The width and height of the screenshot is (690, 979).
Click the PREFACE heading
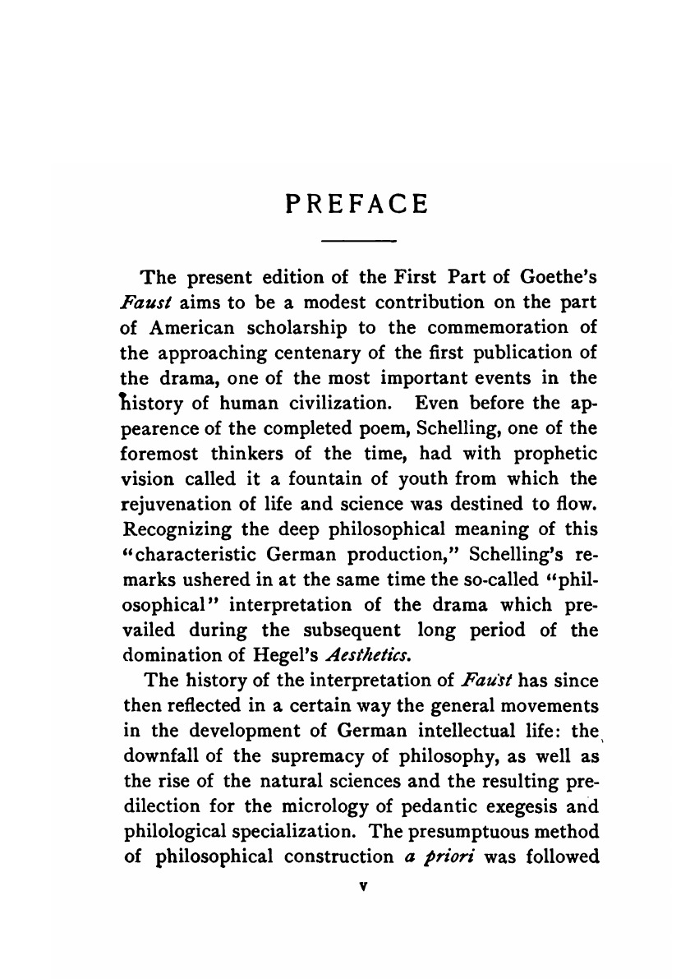356,204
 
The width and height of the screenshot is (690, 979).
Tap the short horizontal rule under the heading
356,241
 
